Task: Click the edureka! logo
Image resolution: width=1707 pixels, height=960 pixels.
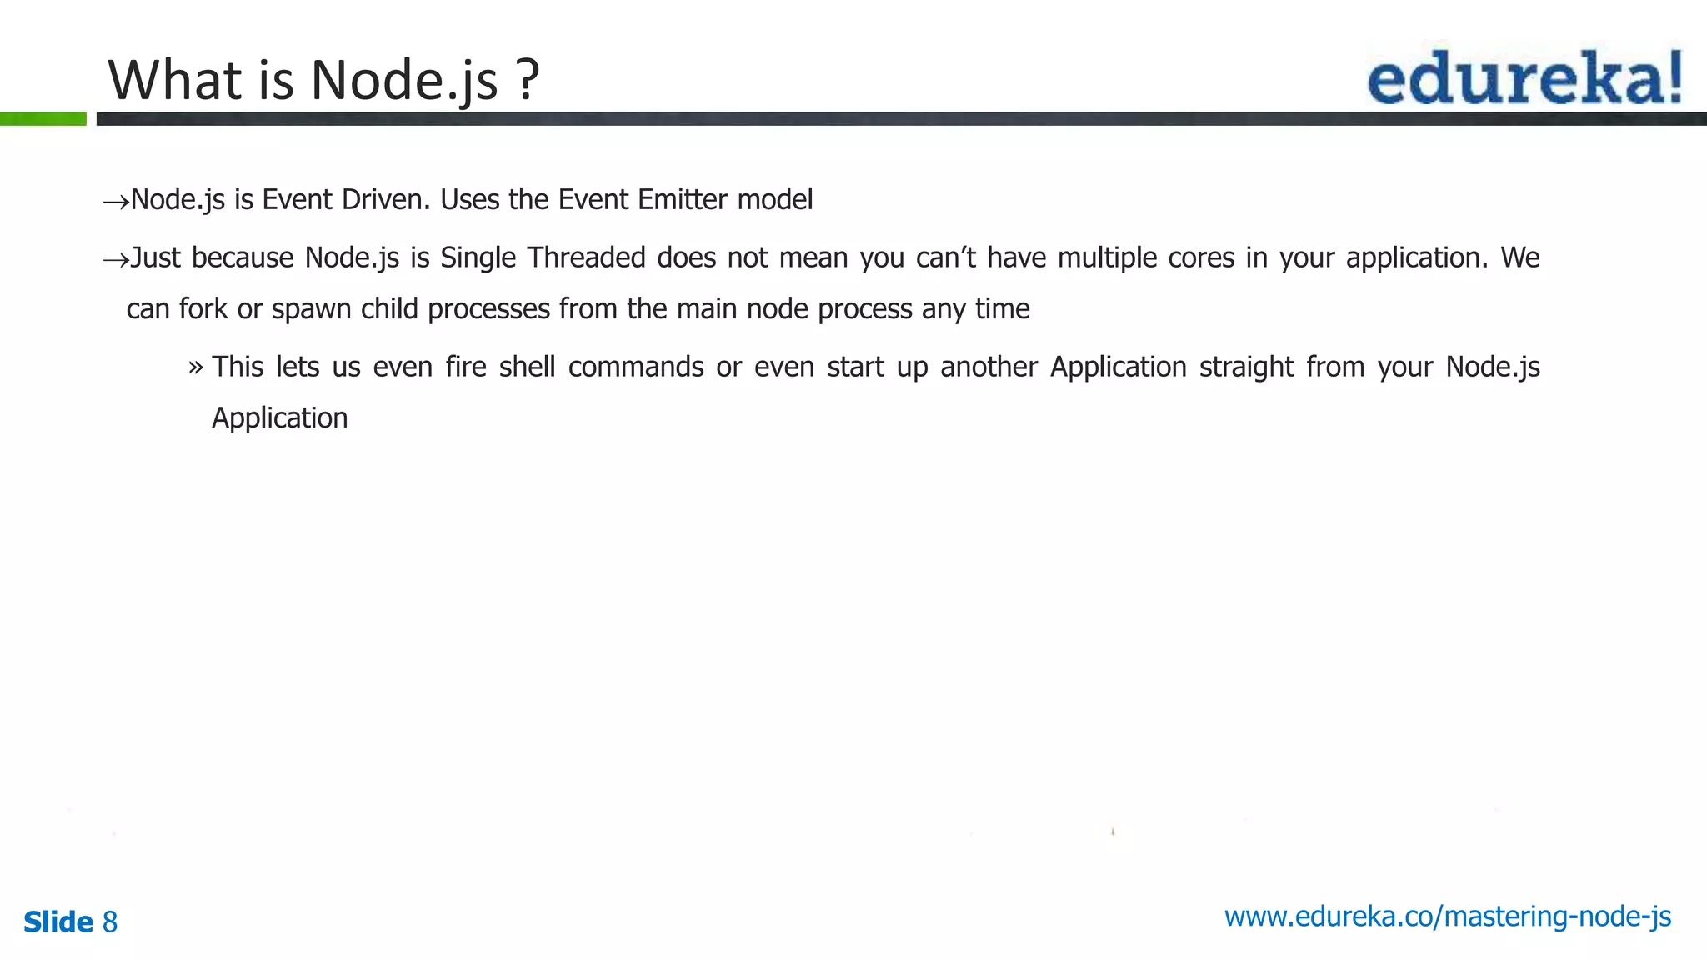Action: pyautogui.click(x=1524, y=77)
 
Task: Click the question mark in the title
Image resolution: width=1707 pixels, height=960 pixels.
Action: pyautogui.click(x=527, y=80)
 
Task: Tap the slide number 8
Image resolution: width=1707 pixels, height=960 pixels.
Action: pyautogui.click(x=110, y=922)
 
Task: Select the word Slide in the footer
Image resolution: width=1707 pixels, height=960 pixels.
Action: pyautogui.click(x=58, y=922)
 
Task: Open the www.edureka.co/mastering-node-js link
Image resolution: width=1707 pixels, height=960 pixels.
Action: pyautogui.click(x=1447, y=917)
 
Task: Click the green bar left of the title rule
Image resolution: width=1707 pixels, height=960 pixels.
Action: pyautogui.click(x=43, y=119)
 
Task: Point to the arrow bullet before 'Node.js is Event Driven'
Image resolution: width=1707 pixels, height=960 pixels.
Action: pyautogui.click(x=115, y=202)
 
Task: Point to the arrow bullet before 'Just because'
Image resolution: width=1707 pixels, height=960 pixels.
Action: pyautogui.click(x=115, y=260)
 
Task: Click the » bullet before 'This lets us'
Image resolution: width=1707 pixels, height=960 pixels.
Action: pyautogui.click(x=196, y=367)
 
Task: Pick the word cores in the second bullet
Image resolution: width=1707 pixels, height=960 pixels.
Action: pyautogui.click(x=1201, y=257)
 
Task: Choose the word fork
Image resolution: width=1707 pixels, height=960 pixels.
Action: pyautogui.click(x=203, y=309)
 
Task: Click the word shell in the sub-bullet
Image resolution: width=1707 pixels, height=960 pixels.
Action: pyautogui.click(x=527, y=367)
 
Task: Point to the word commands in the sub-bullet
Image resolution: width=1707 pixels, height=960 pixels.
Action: pyautogui.click(x=636, y=367)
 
